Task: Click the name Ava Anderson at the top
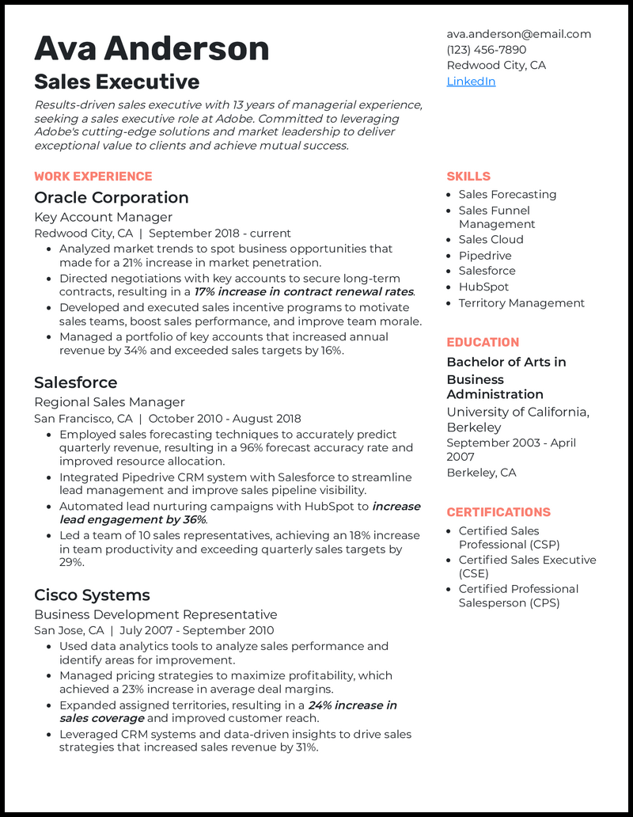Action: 151,49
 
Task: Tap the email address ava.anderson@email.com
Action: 518,34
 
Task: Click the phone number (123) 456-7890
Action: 486,50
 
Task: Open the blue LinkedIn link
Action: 471,82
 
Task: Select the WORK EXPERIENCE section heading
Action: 93,177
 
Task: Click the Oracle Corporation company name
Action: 111,198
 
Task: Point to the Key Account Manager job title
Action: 103,217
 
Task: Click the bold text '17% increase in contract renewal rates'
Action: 304,292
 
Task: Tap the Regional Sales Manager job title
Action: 109,402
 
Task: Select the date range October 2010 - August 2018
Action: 225,419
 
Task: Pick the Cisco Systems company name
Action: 92,595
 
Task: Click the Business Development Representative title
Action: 155,614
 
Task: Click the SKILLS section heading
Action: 468,177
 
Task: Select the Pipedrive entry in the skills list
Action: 485,256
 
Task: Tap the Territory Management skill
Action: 521,303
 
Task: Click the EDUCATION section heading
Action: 483,343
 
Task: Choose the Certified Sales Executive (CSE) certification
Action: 527,567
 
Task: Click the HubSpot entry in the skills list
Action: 483,287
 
